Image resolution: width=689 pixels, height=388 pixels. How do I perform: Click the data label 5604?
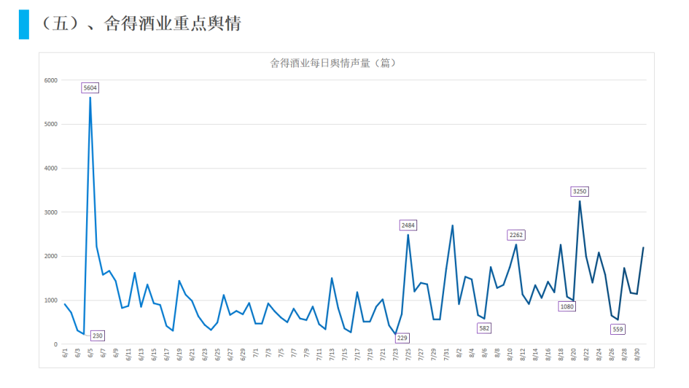click(90, 88)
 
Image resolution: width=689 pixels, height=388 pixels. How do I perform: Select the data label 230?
click(97, 335)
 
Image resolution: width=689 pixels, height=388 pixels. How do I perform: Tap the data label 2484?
click(408, 224)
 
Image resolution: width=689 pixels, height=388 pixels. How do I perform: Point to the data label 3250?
click(579, 191)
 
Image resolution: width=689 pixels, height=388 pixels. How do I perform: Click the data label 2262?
click(516, 235)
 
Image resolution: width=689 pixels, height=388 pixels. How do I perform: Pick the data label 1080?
click(567, 306)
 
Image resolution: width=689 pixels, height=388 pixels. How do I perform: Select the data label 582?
click(484, 328)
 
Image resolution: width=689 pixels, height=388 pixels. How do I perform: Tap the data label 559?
click(618, 329)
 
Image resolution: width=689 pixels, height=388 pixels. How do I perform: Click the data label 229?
click(402, 337)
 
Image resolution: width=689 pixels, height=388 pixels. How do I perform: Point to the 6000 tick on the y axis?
click(51, 80)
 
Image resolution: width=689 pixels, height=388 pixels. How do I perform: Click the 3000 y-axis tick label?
click(51, 212)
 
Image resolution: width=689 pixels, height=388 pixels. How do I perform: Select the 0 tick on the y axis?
click(56, 344)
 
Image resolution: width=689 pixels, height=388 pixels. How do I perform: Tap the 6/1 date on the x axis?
click(65, 352)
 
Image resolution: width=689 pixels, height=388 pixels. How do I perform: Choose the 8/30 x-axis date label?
click(637, 354)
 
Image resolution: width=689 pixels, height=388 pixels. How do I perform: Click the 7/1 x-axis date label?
click(256, 352)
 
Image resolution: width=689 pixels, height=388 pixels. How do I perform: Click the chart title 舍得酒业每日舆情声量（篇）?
click(333, 63)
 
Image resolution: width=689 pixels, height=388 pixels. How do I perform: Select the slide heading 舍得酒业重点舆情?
click(172, 24)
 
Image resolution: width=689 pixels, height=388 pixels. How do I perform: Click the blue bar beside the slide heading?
click(24, 24)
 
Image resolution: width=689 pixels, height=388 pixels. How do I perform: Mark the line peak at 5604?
click(90, 98)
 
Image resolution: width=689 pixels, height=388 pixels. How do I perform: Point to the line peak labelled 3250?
click(579, 201)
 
